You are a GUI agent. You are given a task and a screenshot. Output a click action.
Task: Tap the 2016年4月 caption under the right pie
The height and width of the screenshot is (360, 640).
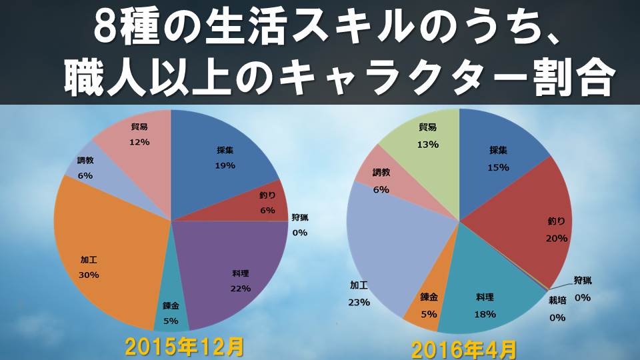coord(463,349)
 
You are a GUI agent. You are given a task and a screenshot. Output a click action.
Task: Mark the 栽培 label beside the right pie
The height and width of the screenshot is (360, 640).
coord(557,301)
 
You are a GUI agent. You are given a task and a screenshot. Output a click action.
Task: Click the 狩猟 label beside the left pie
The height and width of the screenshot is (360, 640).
coord(300,217)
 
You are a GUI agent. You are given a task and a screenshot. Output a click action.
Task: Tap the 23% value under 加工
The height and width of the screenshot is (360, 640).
coord(358,301)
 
